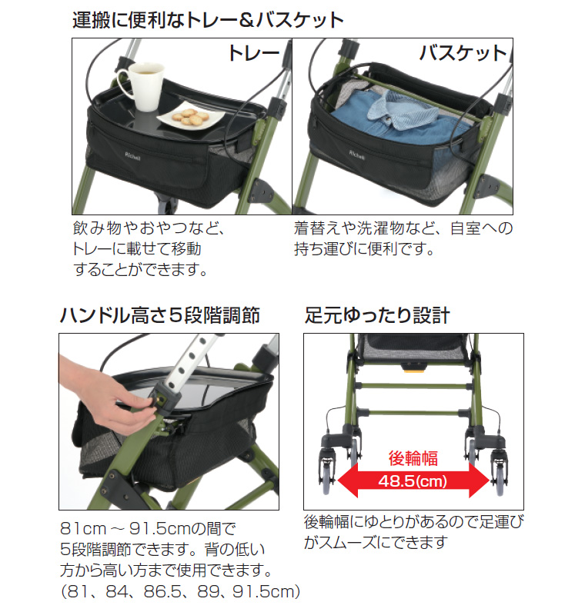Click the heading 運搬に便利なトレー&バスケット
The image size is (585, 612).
click(x=207, y=19)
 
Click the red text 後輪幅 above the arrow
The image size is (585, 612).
click(x=413, y=459)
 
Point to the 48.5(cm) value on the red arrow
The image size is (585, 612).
click(x=413, y=481)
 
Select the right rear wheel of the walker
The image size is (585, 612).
click(x=501, y=471)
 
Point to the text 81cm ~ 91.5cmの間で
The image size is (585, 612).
click(x=146, y=530)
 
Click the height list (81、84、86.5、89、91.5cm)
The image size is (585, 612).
click(x=179, y=591)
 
